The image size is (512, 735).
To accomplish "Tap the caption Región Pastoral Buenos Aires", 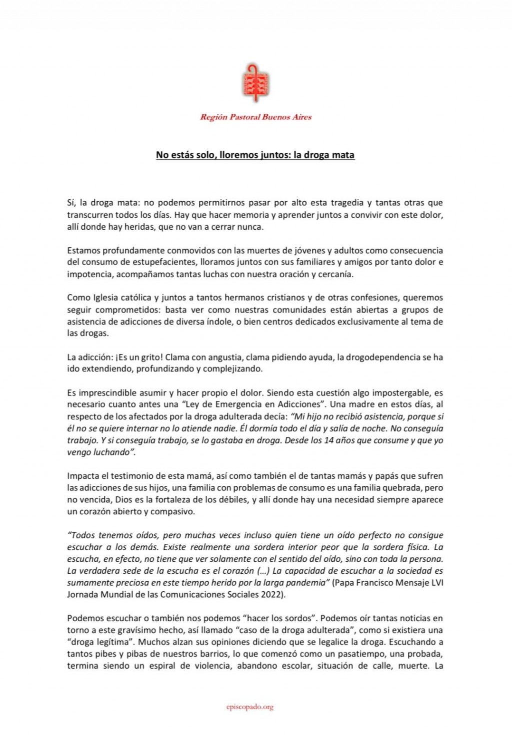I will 255,117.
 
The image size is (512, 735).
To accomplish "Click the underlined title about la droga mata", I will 255,155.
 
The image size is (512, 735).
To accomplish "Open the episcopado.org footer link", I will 249,707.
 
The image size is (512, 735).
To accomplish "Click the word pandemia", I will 309,583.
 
